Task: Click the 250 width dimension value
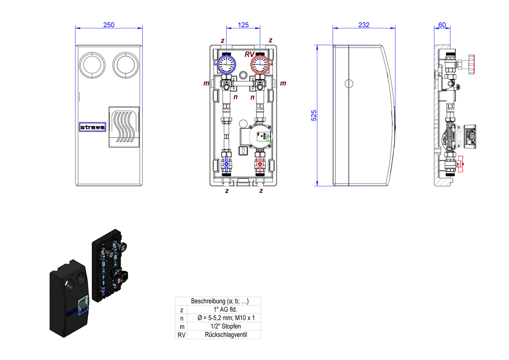pyautogui.click(x=109, y=25)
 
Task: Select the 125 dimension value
pyautogui.click(x=243, y=25)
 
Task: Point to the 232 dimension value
pyautogui.click(x=364, y=25)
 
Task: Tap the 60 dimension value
pyautogui.click(x=442, y=25)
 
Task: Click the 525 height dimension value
pyautogui.click(x=314, y=115)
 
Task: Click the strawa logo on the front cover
pyautogui.click(x=92, y=127)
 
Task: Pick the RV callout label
pyautogui.click(x=249, y=54)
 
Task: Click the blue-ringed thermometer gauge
pyautogui.click(x=226, y=64)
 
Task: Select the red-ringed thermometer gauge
pyautogui.click(x=260, y=64)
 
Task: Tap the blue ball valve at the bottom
pyautogui.click(x=226, y=164)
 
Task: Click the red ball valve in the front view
pyautogui.click(x=260, y=164)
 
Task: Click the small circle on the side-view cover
pyautogui.click(x=349, y=83)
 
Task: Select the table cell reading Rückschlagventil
pyautogui.click(x=226, y=335)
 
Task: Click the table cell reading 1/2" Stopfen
pyautogui.click(x=225, y=326)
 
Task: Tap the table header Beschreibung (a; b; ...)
pyautogui.click(x=219, y=301)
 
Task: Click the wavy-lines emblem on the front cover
pyautogui.click(x=124, y=127)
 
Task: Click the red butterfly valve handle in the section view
pyautogui.click(x=461, y=164)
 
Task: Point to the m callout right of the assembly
pyautogui.click(x=283, y=83)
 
